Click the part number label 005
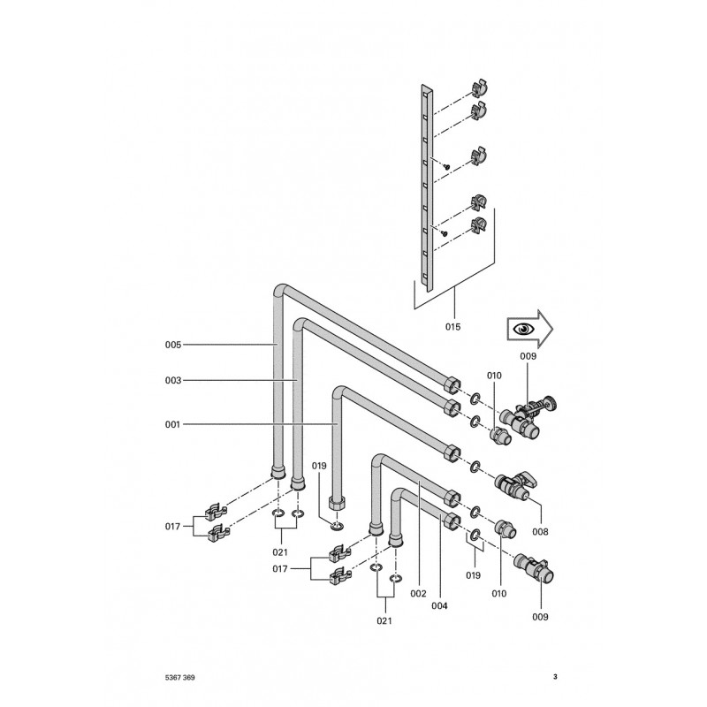click(x=172, y=345)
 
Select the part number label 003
click(x=172, y=381)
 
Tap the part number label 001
click(x=172, y=424)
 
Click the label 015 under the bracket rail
click(x=453, y=326)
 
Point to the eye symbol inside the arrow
click(x=523, y=328)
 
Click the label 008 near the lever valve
click(x=540, y=532)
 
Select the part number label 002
click(x=418, y=594)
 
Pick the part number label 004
click(x=439, y=606)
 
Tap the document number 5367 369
click(x=180, y=678)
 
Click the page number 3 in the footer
click(x=555, y=677)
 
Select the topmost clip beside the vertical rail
click(x=480, y=88)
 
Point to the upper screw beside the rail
click(x=447, y=166)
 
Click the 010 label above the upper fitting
click(x=494, y=376)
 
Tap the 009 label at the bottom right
click(x=540, y=617)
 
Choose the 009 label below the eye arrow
click(x=528, y=356)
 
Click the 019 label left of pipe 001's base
click(x=319, y=466)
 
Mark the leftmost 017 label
click(x=172, y=527)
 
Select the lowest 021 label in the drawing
click(x=384, y=621)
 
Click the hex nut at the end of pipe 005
click(x=451, y=385)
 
